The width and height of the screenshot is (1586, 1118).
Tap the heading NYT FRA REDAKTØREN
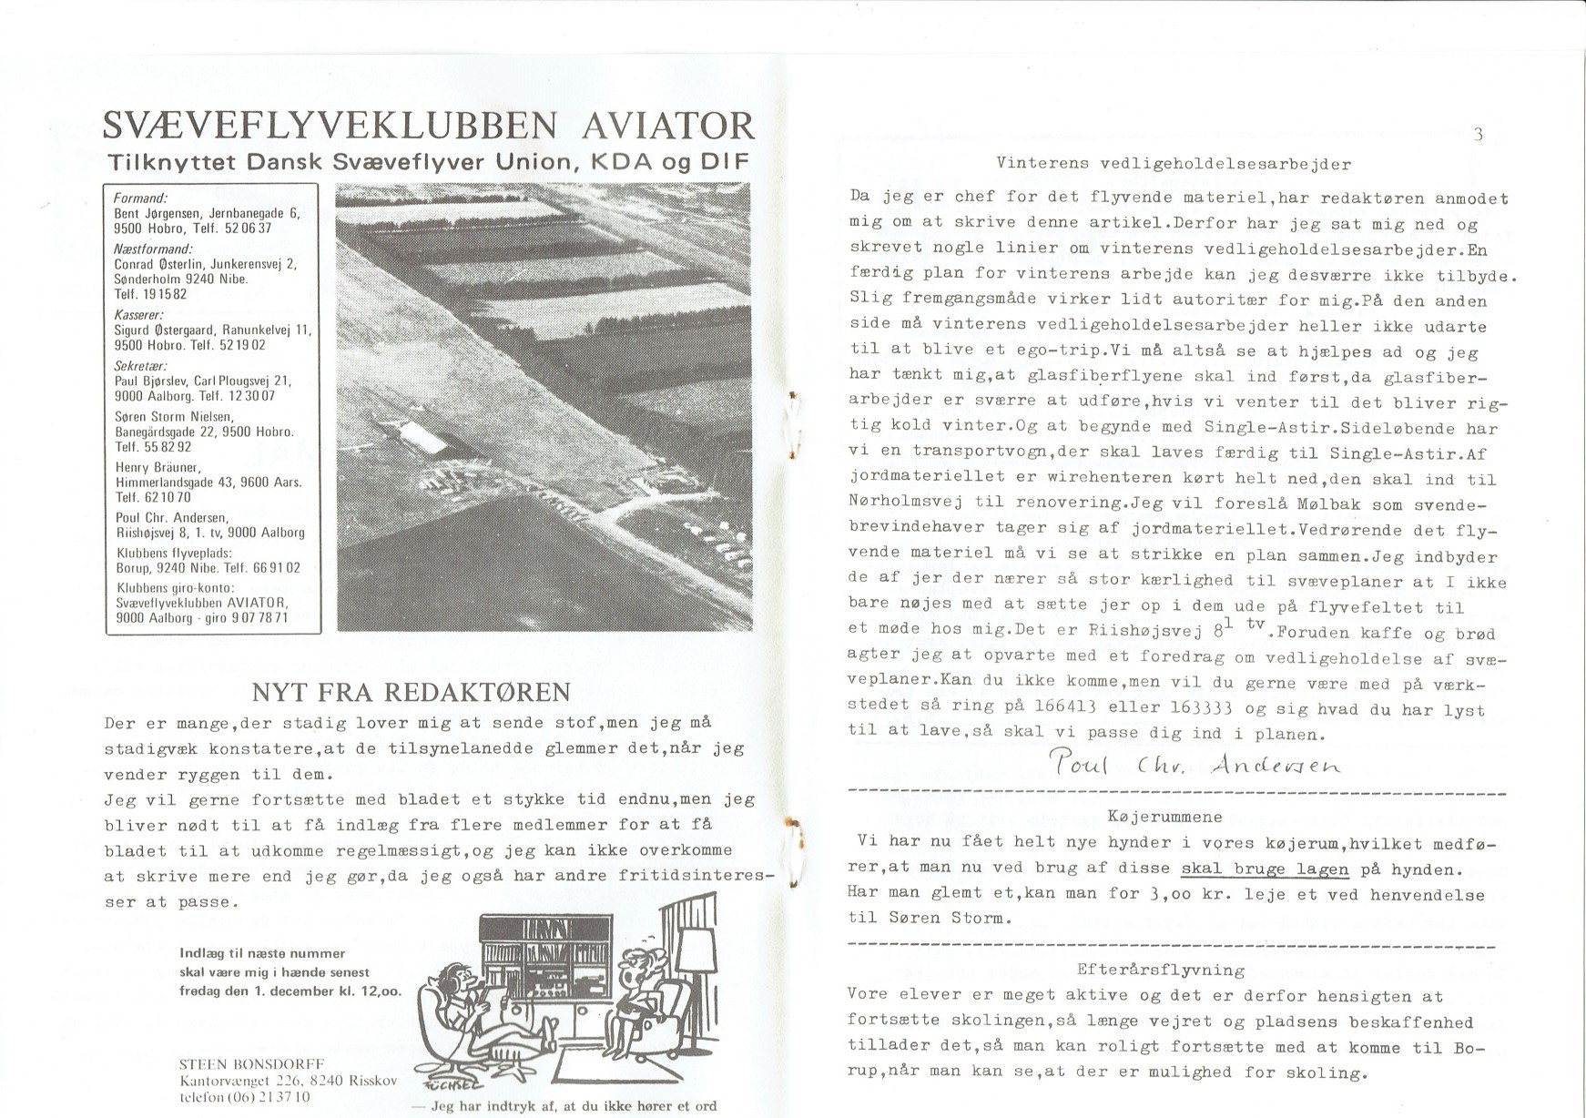pyautogui.click(x=411, y=692)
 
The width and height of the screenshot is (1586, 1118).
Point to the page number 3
pyautogui.click(x=1478, y=135)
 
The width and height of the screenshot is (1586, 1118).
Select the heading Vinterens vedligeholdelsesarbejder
pyautogui.click(x=1174, y=165)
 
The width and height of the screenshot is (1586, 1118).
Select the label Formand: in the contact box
pyautogui.click(x=134, y=198)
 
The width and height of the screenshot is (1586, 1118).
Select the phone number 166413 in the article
pyautogui.click(x=1070, y=706)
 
